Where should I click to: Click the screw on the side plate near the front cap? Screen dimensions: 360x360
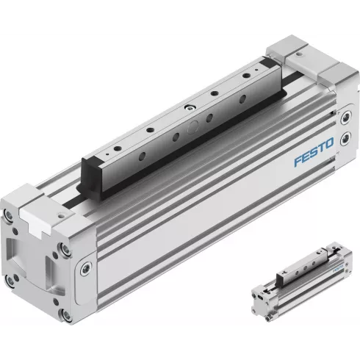click(x=88, y=265)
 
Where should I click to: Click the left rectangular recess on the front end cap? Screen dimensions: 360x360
click(x=18, y=250)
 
